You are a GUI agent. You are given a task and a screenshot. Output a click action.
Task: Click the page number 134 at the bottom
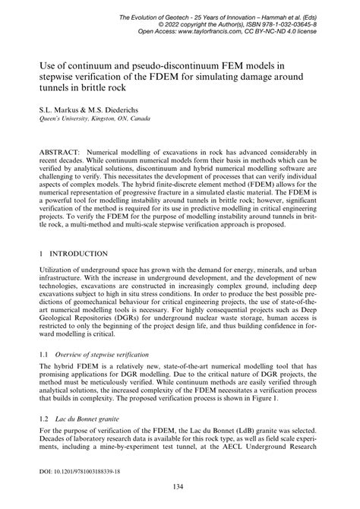[x=180, y=487]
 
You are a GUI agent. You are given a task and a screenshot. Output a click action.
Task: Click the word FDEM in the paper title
[x=178, y=76]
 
